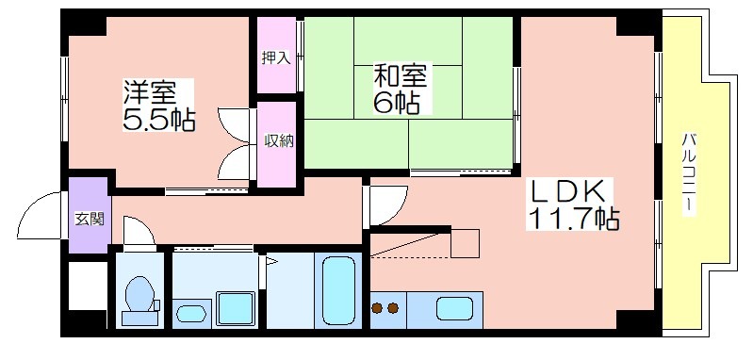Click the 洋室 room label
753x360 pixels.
click(149, 92)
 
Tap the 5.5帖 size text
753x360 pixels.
click(159, 120)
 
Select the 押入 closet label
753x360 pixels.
click(276, 57)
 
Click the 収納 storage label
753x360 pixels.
click(279, 141)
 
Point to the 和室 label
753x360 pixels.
click(401, 76)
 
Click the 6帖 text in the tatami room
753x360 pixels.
click(397, 103)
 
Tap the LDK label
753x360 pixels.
click(565, 192)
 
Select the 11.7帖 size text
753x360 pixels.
click(573, 219)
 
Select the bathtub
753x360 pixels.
click(338, 290)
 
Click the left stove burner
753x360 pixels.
click(378, 307)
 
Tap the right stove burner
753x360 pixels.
click(393, 307)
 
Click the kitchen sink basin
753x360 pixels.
click(454, 309)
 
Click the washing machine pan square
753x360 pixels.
click(236, 307)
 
